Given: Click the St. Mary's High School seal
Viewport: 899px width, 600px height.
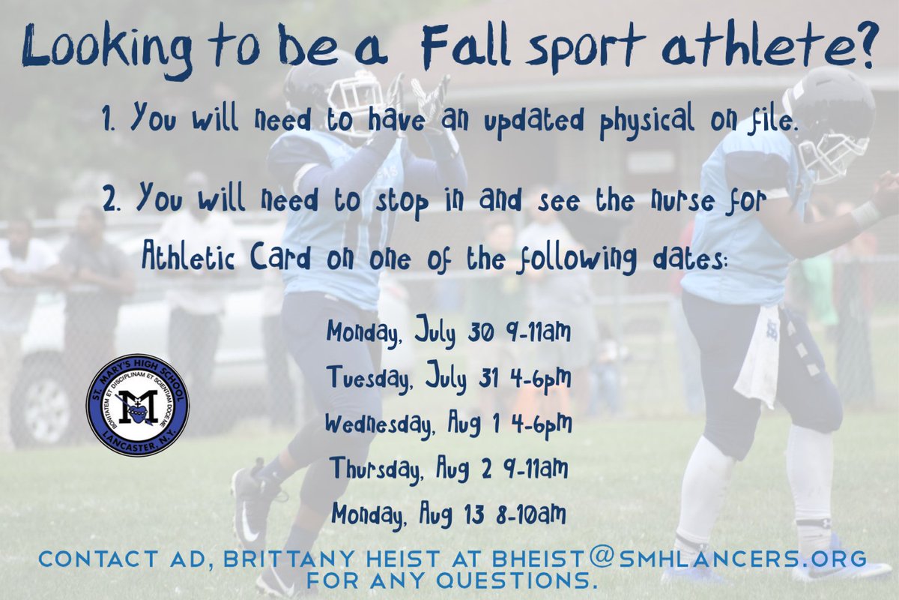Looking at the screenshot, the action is [138, 405].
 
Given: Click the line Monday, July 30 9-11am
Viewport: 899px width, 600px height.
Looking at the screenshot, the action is [448, 332].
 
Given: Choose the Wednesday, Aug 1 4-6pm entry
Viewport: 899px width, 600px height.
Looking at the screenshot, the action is [448, 423].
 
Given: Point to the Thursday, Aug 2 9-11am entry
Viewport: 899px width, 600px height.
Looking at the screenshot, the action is [449, 469].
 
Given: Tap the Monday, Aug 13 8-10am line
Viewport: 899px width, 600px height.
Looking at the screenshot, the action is [449, 514].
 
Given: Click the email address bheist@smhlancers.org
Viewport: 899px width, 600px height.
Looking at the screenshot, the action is [679, 559].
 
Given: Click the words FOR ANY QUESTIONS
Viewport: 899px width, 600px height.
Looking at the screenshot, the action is [452, 580].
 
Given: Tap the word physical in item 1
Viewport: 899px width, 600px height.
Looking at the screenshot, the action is [647, 121].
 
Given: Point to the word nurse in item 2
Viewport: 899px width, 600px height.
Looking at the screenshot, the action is [682, 202].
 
